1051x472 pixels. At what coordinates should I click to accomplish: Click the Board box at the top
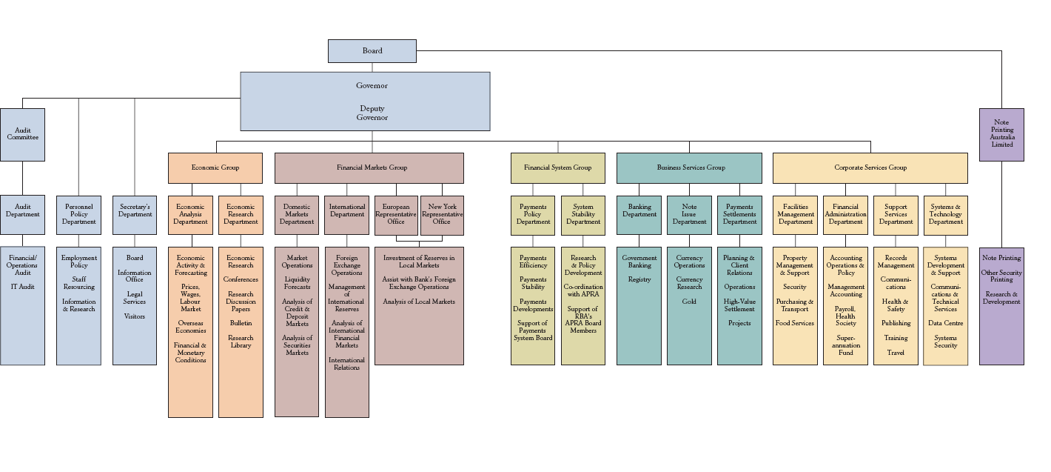point(372,51)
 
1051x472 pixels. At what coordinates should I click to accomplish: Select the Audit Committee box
point(22,134)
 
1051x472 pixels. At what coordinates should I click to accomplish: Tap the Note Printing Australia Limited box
point(1002,134)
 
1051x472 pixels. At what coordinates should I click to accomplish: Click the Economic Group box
point(215,168)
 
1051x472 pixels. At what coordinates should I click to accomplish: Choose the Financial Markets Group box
point(369,168)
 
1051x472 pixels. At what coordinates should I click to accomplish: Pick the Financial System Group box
point(558,168)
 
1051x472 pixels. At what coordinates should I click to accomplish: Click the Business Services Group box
point(689,168)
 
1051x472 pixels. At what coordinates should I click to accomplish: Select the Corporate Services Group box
point(870,168)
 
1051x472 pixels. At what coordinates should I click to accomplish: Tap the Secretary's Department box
point(135,210)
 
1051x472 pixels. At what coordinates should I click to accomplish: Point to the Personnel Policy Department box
point(78,214)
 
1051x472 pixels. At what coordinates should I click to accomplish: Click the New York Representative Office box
point(442,214)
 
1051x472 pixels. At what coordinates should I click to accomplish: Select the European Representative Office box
point(396,214)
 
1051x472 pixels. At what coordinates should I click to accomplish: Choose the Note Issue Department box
point(689,214)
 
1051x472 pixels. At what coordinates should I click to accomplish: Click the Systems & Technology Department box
point(946,214)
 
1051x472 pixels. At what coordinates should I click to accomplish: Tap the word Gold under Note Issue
point(689,302)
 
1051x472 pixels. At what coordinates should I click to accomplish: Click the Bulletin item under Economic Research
point(241,324)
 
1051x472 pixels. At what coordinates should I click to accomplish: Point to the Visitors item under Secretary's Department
point(135,316)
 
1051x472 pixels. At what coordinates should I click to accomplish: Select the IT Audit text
point(22,287)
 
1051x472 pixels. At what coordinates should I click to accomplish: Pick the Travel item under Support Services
point(896,353)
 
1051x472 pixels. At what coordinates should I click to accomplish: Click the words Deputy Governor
point(372,113)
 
